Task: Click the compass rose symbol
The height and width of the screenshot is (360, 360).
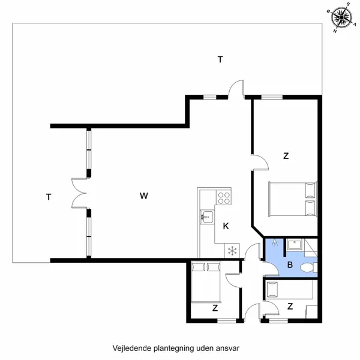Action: [x=341, y=17]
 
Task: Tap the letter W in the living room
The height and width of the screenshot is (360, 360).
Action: [x=143, y=196]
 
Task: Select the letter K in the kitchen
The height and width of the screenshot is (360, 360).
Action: [x=226, y=226]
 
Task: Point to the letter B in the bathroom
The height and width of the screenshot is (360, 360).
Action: [x=290, y=264]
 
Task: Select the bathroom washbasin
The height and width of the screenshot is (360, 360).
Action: [x=294, y=244]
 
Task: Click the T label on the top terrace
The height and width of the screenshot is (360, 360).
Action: [x=220, y=59]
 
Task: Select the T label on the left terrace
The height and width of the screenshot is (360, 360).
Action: [x=48, y=196]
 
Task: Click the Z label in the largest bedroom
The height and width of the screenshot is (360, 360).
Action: [x=286, y=156]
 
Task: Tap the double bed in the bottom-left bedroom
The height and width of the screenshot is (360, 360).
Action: [x=206, y=282]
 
